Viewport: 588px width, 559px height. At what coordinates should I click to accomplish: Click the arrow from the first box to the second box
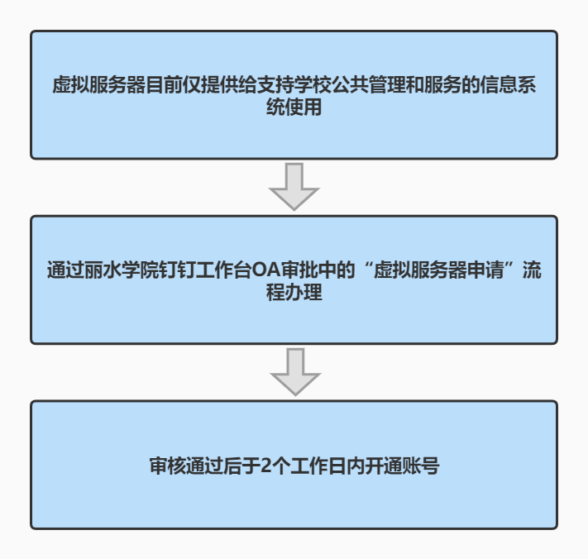pyautogui.click(x=294, y=186)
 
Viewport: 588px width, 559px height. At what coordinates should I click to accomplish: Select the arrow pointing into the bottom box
pyautogui.click(x=295, y=371)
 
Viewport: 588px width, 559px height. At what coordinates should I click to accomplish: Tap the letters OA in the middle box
pyautogui.click(x=265, y=270)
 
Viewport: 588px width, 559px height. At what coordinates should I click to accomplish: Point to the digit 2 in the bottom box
pyautogui.click(x=265, y=466)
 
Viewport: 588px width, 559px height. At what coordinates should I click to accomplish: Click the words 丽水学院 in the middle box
pyautogui.click(x=121, y=270)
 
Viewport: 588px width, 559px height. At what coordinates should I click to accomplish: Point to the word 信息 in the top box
pyautogui.click(x=499, y=84)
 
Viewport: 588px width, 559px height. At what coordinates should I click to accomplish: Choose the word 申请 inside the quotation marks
pyautogui.click(x=485, y=270)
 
